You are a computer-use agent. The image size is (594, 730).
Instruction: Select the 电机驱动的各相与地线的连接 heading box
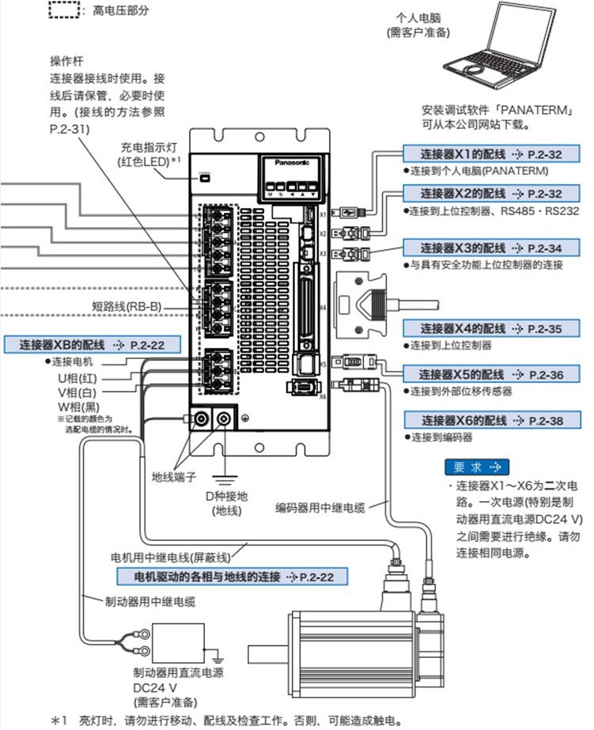click(225, 577)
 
